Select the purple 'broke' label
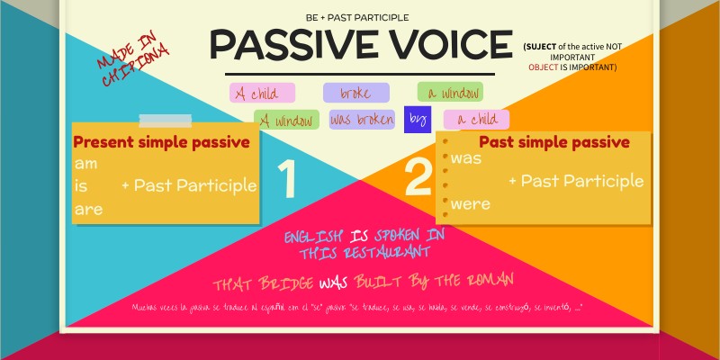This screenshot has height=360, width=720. [x=355, y=93]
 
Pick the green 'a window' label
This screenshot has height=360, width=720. [x=450, y=92]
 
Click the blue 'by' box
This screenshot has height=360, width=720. [x=417, y=118]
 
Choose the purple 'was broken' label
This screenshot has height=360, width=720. [x=364, y=119]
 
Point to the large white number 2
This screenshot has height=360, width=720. [x=419, y=178]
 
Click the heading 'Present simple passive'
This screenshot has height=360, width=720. [x=161, y=141]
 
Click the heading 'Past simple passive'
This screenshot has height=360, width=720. [x=553, y=142]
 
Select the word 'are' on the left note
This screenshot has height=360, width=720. [x=88, y=208]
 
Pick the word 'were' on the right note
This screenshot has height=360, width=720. [x=471, y=203]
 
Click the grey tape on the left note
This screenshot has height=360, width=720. [x=165, y=121]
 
